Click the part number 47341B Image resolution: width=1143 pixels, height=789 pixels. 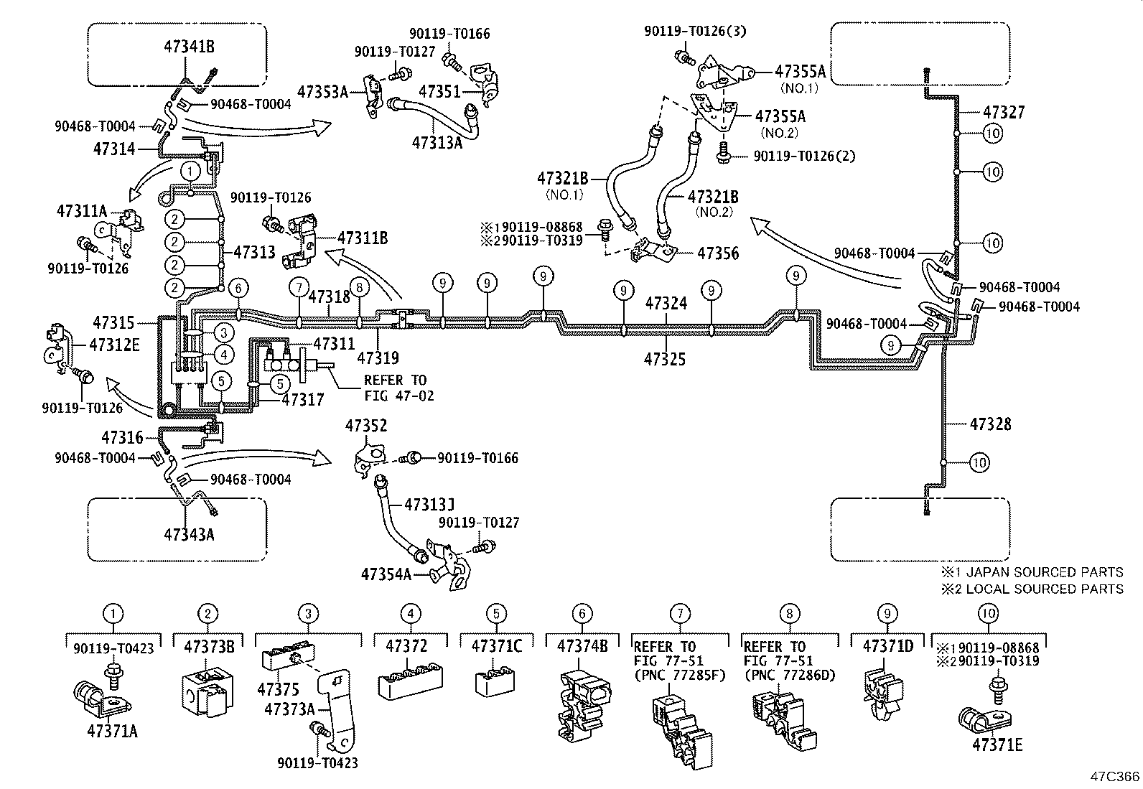click(190, 47)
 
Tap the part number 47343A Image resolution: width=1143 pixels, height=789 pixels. click(190, 534)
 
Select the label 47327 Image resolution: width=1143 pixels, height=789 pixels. click(1004, 113)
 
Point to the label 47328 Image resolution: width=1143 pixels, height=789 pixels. click(990, 424)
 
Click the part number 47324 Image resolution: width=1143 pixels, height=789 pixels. click(666, 304)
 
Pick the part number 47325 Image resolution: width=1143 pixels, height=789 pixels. click(665, 359)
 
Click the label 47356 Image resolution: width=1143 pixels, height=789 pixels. click(718, 253)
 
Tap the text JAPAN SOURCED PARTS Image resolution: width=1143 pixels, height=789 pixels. click(1045, 572)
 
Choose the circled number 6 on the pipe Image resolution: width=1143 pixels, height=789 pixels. click(239, 287)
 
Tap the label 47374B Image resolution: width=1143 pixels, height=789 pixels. click(582, 646)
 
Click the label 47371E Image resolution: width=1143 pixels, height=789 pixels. click(997, 744)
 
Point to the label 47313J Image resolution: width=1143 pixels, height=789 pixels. click(429, 505)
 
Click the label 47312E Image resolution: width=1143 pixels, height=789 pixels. click(114, 345)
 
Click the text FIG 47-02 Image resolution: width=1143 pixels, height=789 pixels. click(398, 395)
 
